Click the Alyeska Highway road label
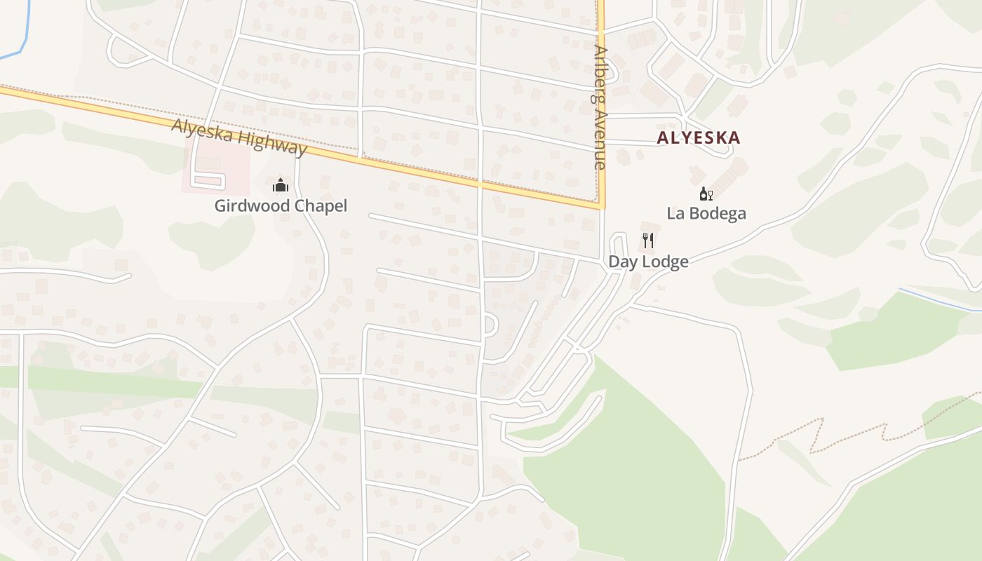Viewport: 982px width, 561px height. (x=239, y=137)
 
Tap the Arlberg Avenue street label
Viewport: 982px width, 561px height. (x=600, y=109)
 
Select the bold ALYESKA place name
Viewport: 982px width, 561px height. (x=698, y=137)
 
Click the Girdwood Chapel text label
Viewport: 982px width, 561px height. (x=281, y=206)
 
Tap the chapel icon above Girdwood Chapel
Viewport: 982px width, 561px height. (x=281, y=185)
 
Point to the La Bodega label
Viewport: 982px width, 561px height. (x=706, y=213)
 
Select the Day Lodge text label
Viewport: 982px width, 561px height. (x=648, y=262)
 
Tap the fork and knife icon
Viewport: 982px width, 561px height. (x=648, y=241)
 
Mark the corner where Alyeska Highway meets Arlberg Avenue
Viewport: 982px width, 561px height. (x=601, y=207)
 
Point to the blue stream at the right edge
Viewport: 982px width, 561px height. (x=940, y=299)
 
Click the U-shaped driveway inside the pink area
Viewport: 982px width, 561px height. (x=208, y=180)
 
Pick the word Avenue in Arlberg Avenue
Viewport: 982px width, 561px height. (x=600, y=140)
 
